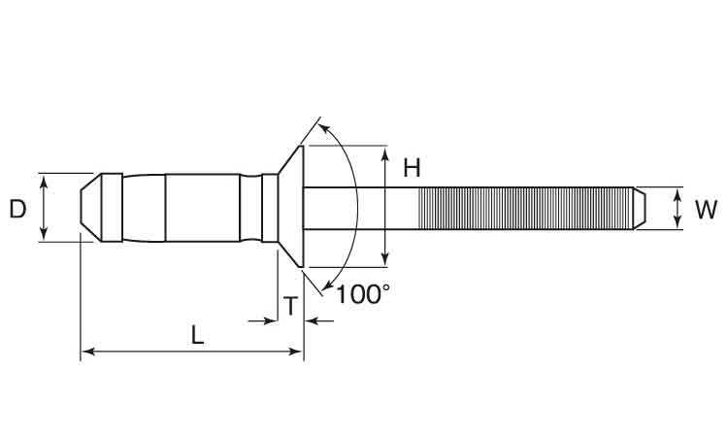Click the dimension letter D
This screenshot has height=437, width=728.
pos(17,209)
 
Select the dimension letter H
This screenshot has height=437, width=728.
pos(412,168)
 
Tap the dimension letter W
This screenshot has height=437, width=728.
pos(706,210)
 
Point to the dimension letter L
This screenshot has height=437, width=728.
pos(198,335)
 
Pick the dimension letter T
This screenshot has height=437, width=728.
pos(290,306)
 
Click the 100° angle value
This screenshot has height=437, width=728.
pos(363,294)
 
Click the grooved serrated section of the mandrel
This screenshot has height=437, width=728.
pos(525,209)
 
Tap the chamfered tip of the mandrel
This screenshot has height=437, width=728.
pos(640,209)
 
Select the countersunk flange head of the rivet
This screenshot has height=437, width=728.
pos(291,207)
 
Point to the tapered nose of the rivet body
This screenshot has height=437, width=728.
pos(91,208)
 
